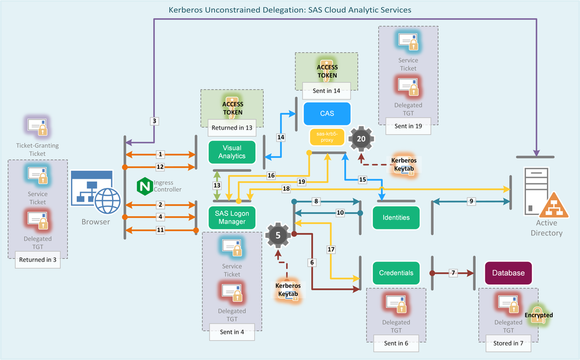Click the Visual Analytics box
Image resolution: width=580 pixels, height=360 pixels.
[x=232, y=152]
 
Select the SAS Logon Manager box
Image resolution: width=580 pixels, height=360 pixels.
[x=232, y=217]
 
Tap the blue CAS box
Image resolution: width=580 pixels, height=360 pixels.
[x=327, y=114]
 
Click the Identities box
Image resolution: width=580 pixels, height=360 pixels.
[x=396, y=217]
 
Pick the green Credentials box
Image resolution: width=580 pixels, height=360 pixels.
[x=396, y=272]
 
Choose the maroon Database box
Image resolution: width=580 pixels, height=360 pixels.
[x=508, y=272]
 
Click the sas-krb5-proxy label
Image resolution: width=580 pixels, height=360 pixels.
[x=327, y=136]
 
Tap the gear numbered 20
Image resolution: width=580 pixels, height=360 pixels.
[x=362, y=139]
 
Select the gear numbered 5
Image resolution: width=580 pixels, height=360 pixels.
[x=278, y=235]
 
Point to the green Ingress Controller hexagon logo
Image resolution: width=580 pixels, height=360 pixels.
[x=144, y=186]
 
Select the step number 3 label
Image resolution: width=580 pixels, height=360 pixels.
[x=154, y=121]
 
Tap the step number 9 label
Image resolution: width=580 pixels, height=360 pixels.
[x=471, y=201]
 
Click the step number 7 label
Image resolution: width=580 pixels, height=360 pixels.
[x=454, y=272]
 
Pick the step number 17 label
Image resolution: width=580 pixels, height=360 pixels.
[x=332, y=250]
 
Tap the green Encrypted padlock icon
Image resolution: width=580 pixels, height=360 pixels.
[x=538, y=316]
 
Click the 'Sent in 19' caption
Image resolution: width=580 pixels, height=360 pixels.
[x=408, y=125]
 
